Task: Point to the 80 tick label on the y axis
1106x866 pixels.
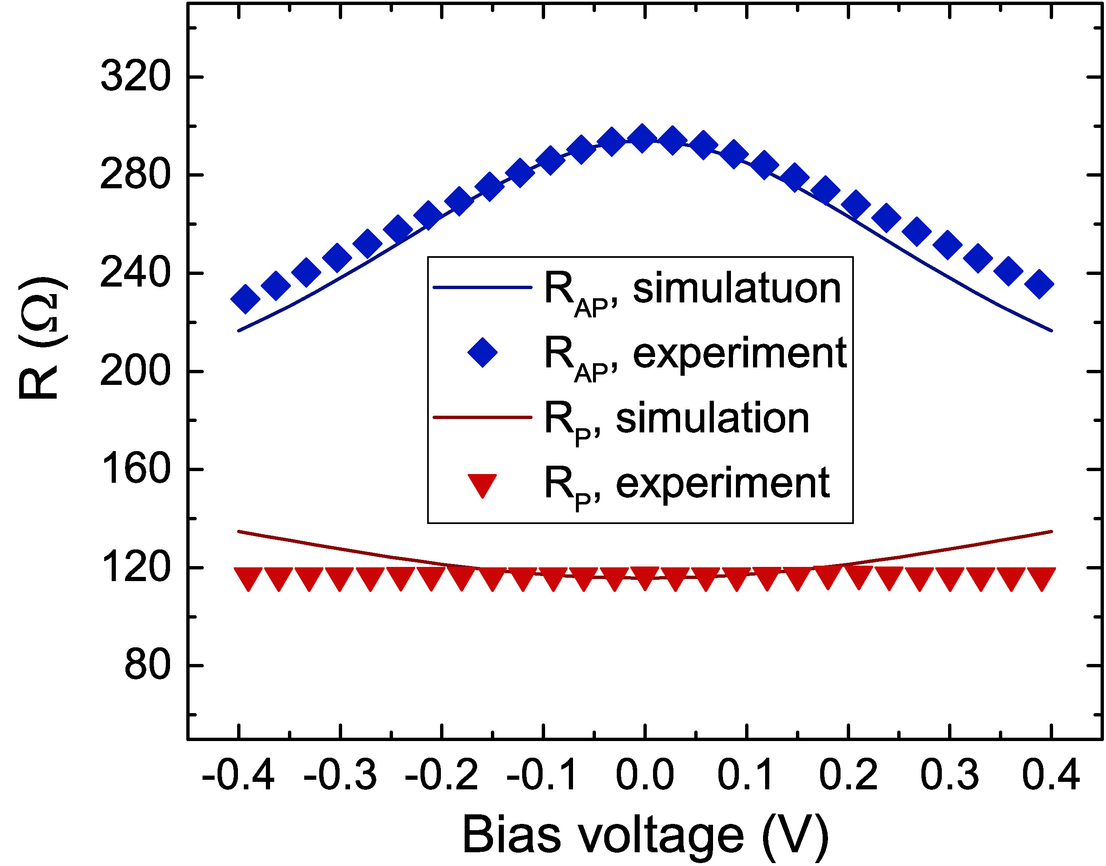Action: point(147,665)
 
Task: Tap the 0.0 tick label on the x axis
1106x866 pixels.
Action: point(645,776)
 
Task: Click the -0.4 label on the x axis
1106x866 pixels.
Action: point(238,776)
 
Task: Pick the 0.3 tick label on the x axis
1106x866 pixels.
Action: point(949,776)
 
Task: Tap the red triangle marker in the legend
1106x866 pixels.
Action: point(482,485)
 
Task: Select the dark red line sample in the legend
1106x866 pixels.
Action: point(482,418)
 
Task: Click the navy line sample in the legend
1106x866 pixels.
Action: point(482,287)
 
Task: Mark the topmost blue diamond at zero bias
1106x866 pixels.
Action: point(643,138)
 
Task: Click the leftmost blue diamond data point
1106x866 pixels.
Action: point(245,299)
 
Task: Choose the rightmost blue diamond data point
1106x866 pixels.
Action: point(1039,284)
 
